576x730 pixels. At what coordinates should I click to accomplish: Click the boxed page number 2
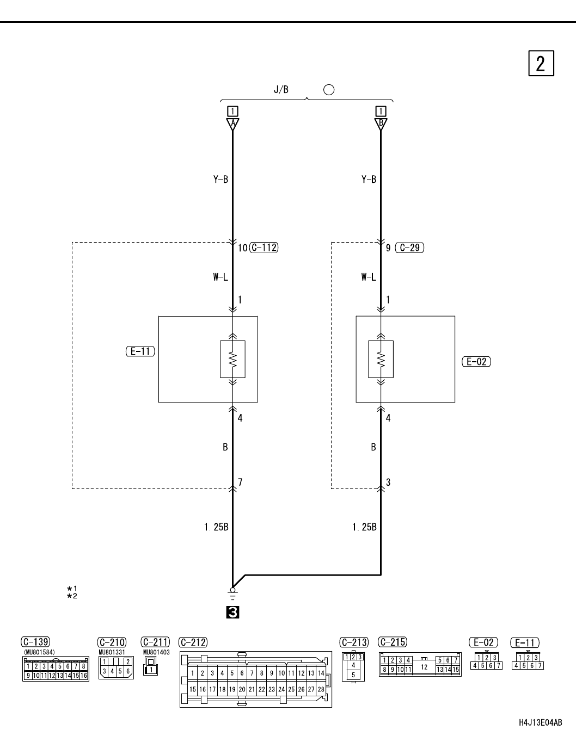point(541,63)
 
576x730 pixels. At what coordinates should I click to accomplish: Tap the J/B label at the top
point(281,90)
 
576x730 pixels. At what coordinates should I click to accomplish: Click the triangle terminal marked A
point(232,124)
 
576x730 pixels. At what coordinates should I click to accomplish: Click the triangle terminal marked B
point(381,124)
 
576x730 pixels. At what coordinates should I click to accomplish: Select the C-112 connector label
point(264,248)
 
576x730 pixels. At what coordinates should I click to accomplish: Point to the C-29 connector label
point(410,248)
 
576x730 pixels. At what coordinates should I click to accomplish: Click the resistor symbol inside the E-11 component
point(232,359)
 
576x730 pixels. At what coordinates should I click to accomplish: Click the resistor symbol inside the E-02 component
point(381,359)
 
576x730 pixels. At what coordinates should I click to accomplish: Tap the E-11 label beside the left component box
point(140,351)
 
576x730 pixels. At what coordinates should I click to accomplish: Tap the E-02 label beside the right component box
point(476,362)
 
